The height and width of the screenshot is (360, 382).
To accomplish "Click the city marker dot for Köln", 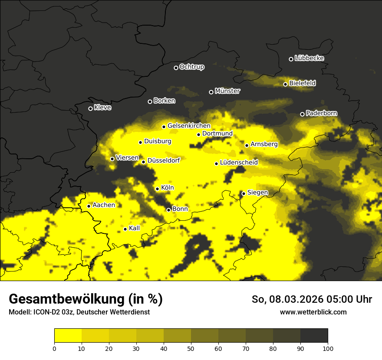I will tap(157, 189).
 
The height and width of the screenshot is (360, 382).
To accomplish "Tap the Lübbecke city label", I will tap(309, 58).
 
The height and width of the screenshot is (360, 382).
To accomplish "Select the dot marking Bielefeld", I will tap(285, 84).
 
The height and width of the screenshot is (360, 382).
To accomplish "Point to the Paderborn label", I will tap(321, 113).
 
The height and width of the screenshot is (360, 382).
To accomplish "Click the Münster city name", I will tap(227, 91).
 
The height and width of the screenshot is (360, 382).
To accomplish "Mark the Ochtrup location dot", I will tap(176, 68).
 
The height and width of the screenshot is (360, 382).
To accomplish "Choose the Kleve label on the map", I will tap(102, 108).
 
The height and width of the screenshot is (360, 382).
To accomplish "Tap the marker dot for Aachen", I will tap(89, 206).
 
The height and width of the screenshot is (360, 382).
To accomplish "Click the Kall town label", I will tap(134, 228).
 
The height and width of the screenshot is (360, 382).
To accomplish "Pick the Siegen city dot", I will tap(244, 193).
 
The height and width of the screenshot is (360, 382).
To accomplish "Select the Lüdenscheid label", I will tap(239, 163).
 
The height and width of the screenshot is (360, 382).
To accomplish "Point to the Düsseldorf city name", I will tap(164, 160).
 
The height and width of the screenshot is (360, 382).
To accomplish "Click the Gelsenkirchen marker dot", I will tap(164, 127).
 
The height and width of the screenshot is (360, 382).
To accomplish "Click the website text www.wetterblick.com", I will tap(313, 312).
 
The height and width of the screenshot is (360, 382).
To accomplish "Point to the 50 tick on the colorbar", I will tap(191, 348).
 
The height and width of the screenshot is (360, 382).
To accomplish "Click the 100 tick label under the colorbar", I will tap(328, 348).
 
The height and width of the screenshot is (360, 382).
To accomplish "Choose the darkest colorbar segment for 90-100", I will tap(314, 336).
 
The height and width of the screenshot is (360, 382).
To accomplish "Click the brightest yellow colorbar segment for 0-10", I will tap(68, 336).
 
